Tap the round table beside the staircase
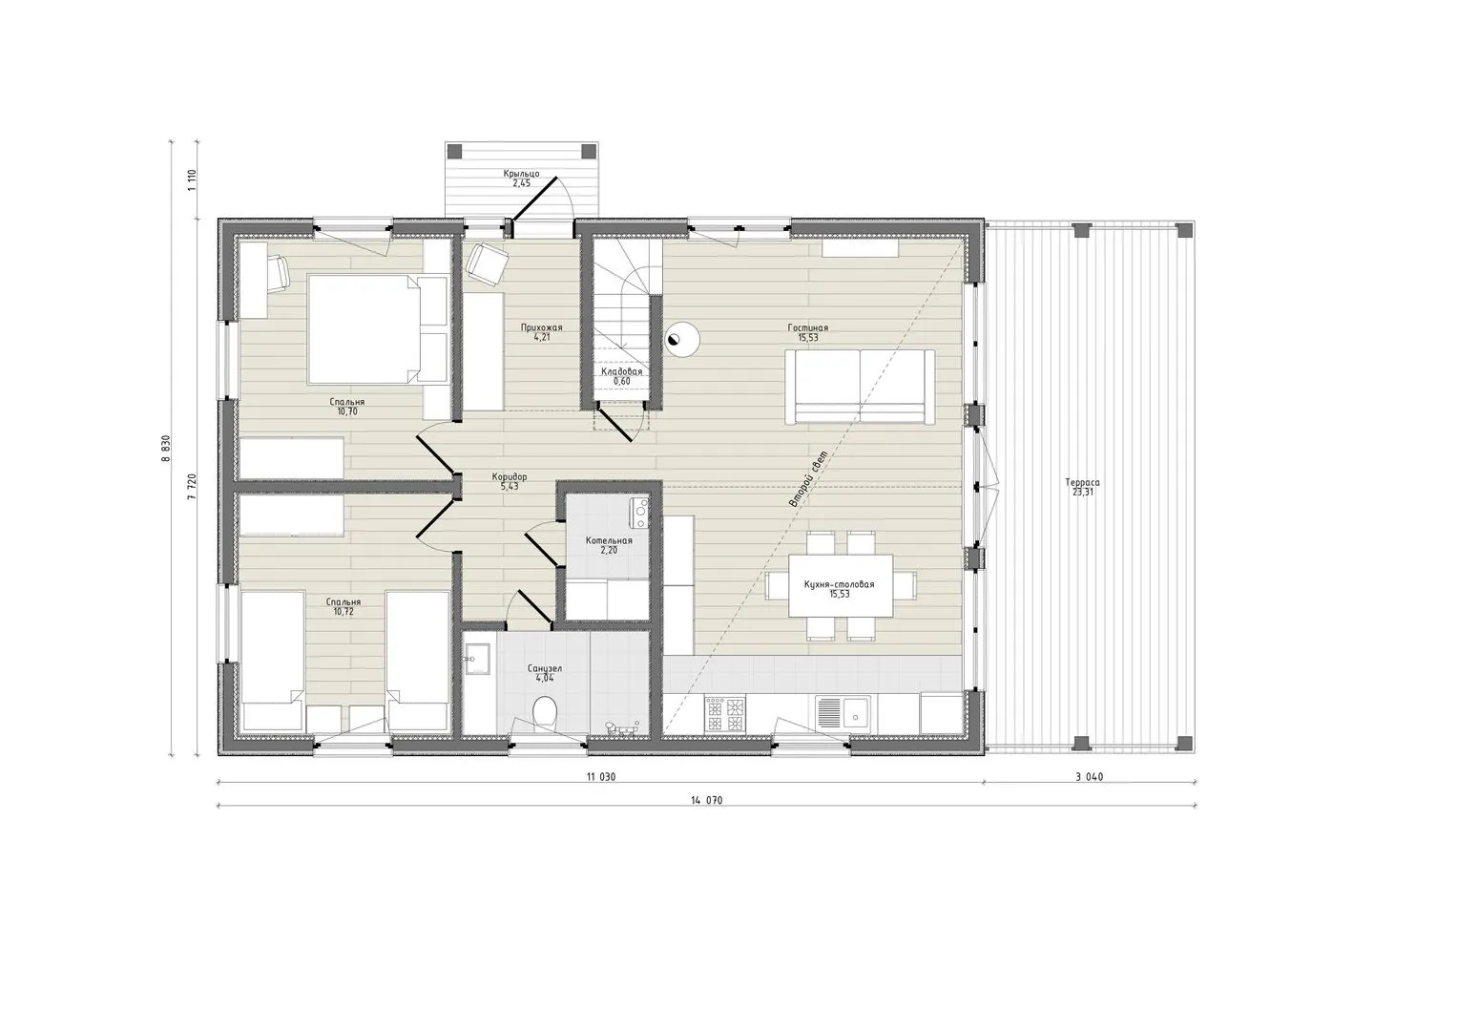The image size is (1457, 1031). point(682,339)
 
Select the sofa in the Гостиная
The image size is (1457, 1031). point(860,387)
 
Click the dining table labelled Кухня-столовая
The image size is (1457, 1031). point(841,585)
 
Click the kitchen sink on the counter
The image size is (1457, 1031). point(843,711)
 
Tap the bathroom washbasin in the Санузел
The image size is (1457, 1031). point(478,660)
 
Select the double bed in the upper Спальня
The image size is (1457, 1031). point(378,328)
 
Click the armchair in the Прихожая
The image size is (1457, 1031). point(487,263)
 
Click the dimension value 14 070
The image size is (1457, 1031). point(706,801)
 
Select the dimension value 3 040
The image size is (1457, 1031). point(1088,776)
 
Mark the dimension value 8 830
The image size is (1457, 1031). point(166,448)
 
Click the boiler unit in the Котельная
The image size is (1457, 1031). point(639,513)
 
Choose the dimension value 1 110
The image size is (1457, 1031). point(192,179)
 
